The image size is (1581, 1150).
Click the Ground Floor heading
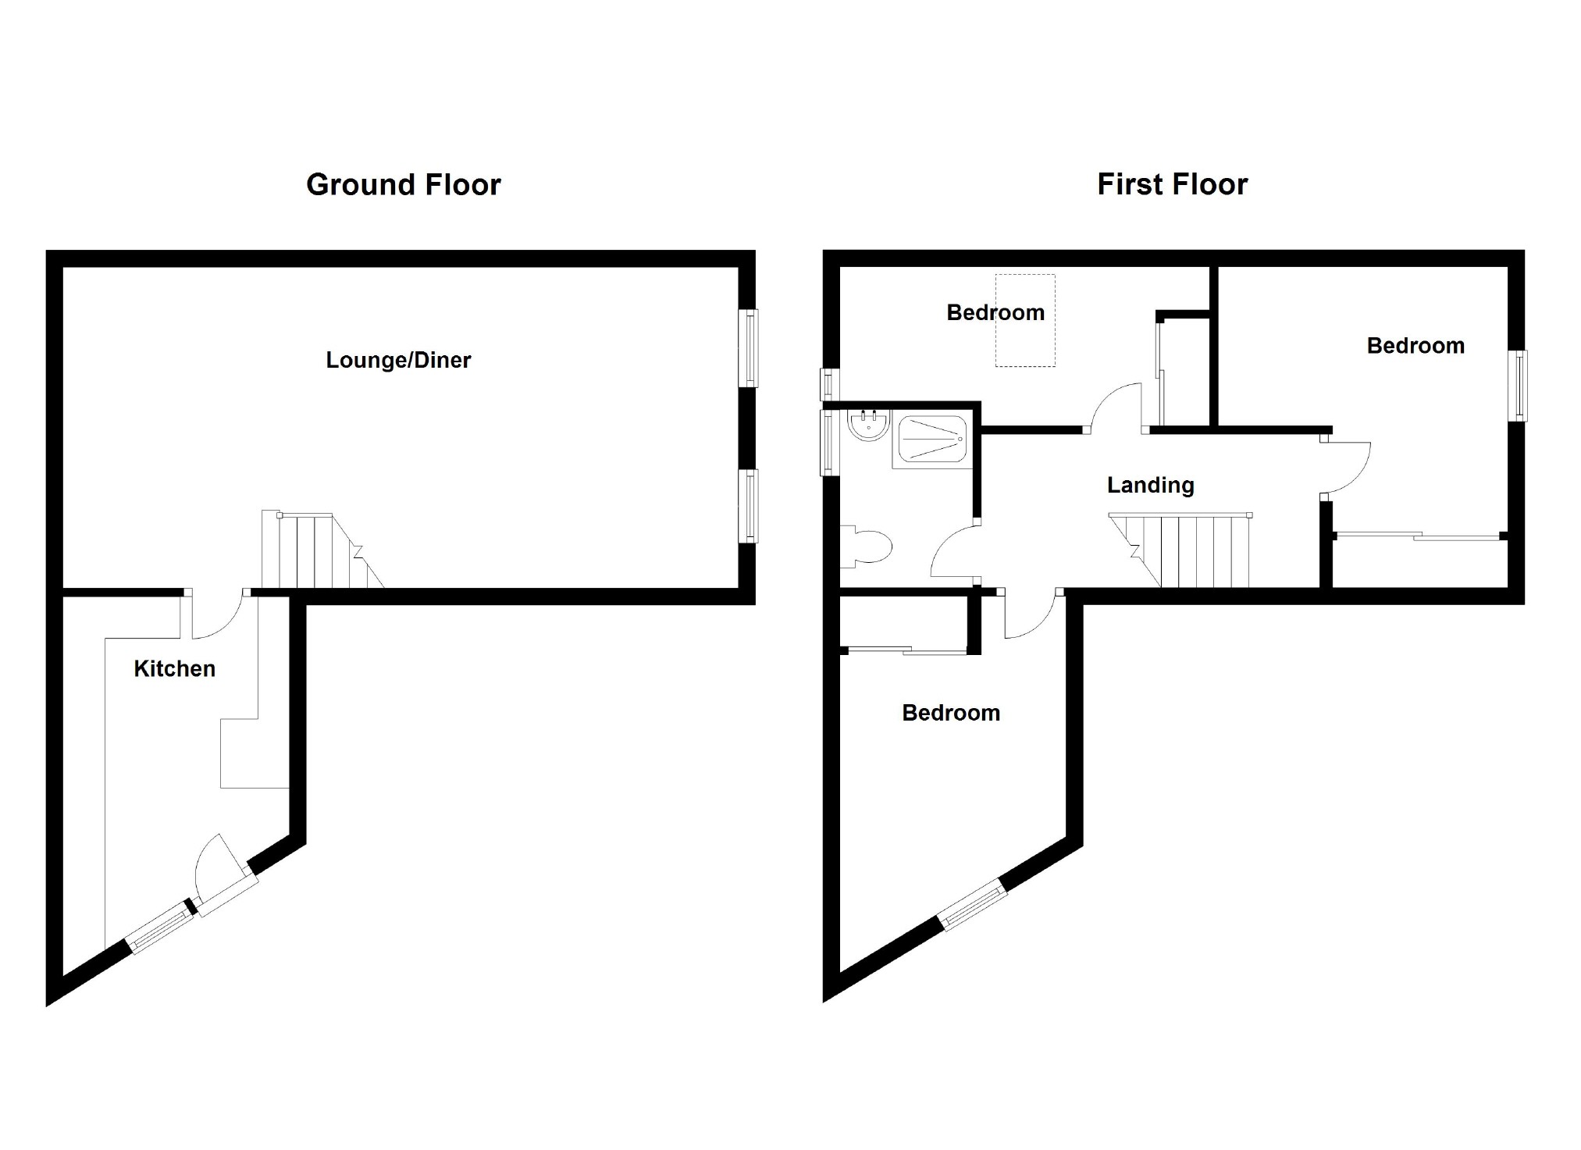pos(404,185)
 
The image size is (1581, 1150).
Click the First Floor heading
pos(1173,185)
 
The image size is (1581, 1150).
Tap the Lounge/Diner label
pos(398,360)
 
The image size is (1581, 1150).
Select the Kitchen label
pos(174,668)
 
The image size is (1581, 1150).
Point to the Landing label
pos(1150,486)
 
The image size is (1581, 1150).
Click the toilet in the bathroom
pos(866,546)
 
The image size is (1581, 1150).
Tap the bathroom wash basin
pos(868,425)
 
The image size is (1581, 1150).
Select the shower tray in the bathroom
pos(932,441)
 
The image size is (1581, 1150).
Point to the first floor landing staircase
pos(1181,550)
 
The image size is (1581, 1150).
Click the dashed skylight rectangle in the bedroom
pos(1025,320)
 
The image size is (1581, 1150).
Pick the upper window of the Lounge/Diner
pos(749,348)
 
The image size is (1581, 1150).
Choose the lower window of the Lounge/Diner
pos(749,506)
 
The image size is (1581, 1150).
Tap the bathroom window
pos(829,443)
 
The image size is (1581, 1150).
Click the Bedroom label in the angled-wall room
pos(951,713)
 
